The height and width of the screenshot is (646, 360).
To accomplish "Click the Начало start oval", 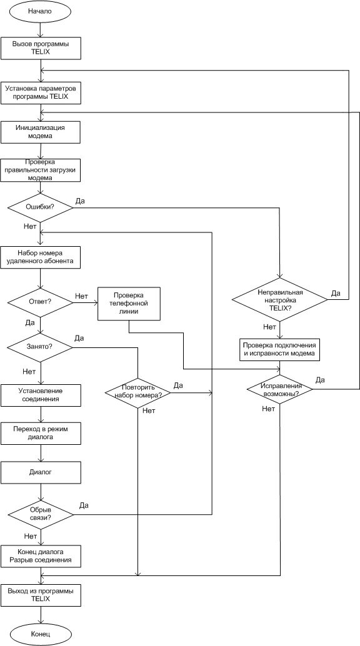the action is click(40, 11).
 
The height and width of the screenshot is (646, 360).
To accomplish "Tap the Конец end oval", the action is click(41, 634).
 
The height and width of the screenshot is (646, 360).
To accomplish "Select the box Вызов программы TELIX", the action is click(40, 47).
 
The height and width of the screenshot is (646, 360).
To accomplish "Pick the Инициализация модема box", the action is click(40, 131).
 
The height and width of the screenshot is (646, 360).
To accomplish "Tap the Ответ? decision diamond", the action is click(40, 303).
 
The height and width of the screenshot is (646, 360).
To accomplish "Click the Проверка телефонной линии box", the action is click(129, 304).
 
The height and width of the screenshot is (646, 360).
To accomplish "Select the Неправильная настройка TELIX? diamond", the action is click(281, 301).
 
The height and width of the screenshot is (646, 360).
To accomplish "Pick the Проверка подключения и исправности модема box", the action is click(280, 349).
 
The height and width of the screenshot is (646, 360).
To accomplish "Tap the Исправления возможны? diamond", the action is click(280, 390).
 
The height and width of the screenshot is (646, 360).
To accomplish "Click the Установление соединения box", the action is click(40, 395).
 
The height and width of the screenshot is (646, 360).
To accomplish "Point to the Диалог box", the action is click(40, 472).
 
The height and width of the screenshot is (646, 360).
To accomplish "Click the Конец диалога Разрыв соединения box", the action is click(40, 557).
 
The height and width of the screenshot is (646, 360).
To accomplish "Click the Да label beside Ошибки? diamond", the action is click(80, 201).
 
